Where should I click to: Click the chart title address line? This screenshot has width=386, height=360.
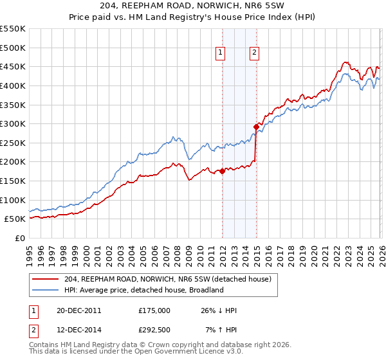point(193,5)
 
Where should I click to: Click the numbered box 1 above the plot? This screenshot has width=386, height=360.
point(220,53)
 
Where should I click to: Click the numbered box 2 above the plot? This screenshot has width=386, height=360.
point(255,53)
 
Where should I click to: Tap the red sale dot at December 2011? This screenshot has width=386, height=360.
point(223,171)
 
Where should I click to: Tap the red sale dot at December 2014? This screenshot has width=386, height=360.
point(256,127)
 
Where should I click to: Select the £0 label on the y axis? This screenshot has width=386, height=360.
point(21,238)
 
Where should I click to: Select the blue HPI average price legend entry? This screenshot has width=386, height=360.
point(143,290)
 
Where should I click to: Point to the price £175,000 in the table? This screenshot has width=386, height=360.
point(154,310)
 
